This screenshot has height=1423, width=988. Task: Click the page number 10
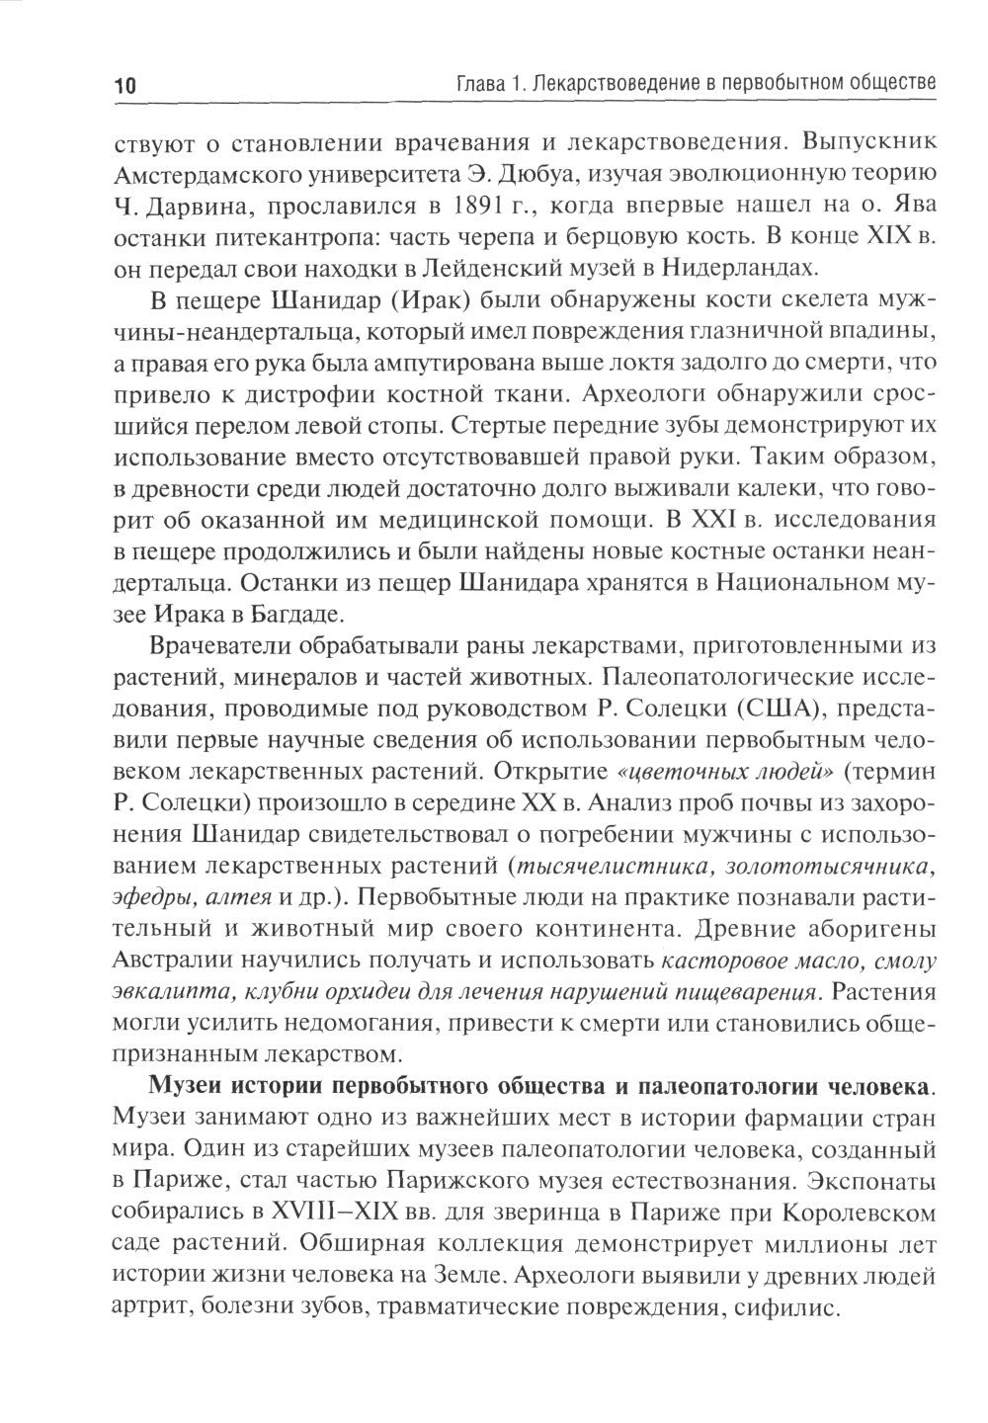[x=129, y=87]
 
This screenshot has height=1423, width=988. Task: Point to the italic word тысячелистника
[x=609, y=866]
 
